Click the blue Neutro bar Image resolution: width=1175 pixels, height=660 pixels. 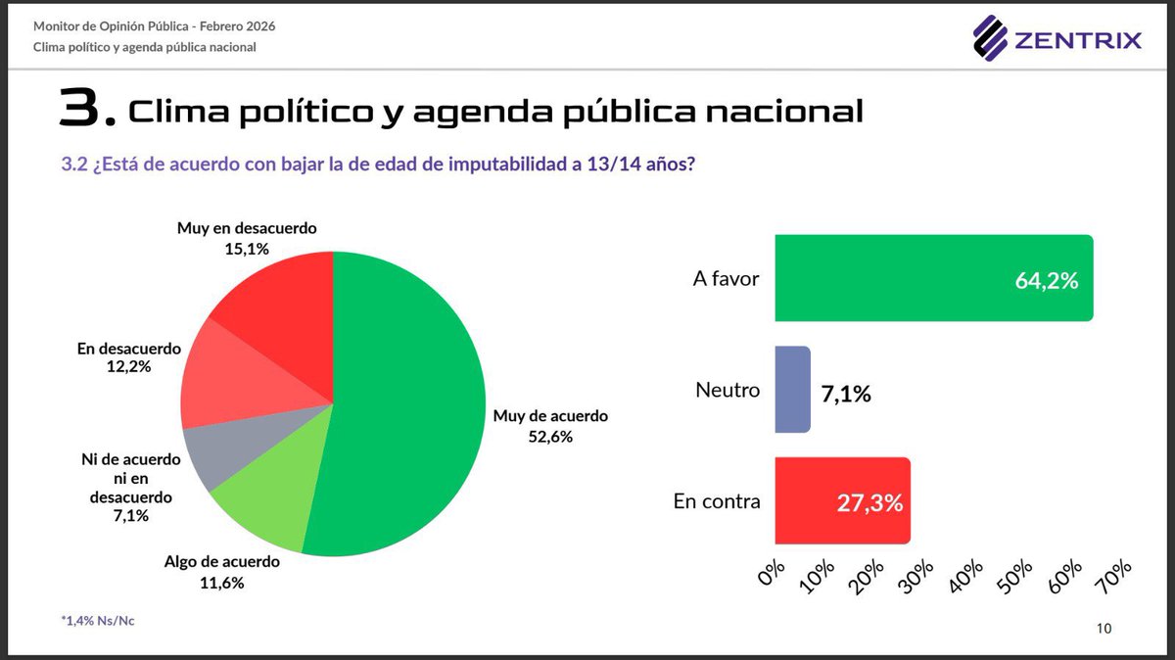[791, 389]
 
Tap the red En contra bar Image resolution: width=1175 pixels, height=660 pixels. [842, 500]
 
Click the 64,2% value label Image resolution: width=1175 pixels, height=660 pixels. [1046, 281]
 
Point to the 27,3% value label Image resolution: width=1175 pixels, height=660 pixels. [869, 503]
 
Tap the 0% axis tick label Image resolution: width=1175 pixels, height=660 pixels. [773, 574]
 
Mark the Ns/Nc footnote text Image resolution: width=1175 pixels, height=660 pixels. [97, 621]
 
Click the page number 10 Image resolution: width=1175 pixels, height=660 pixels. [1104, 629]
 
